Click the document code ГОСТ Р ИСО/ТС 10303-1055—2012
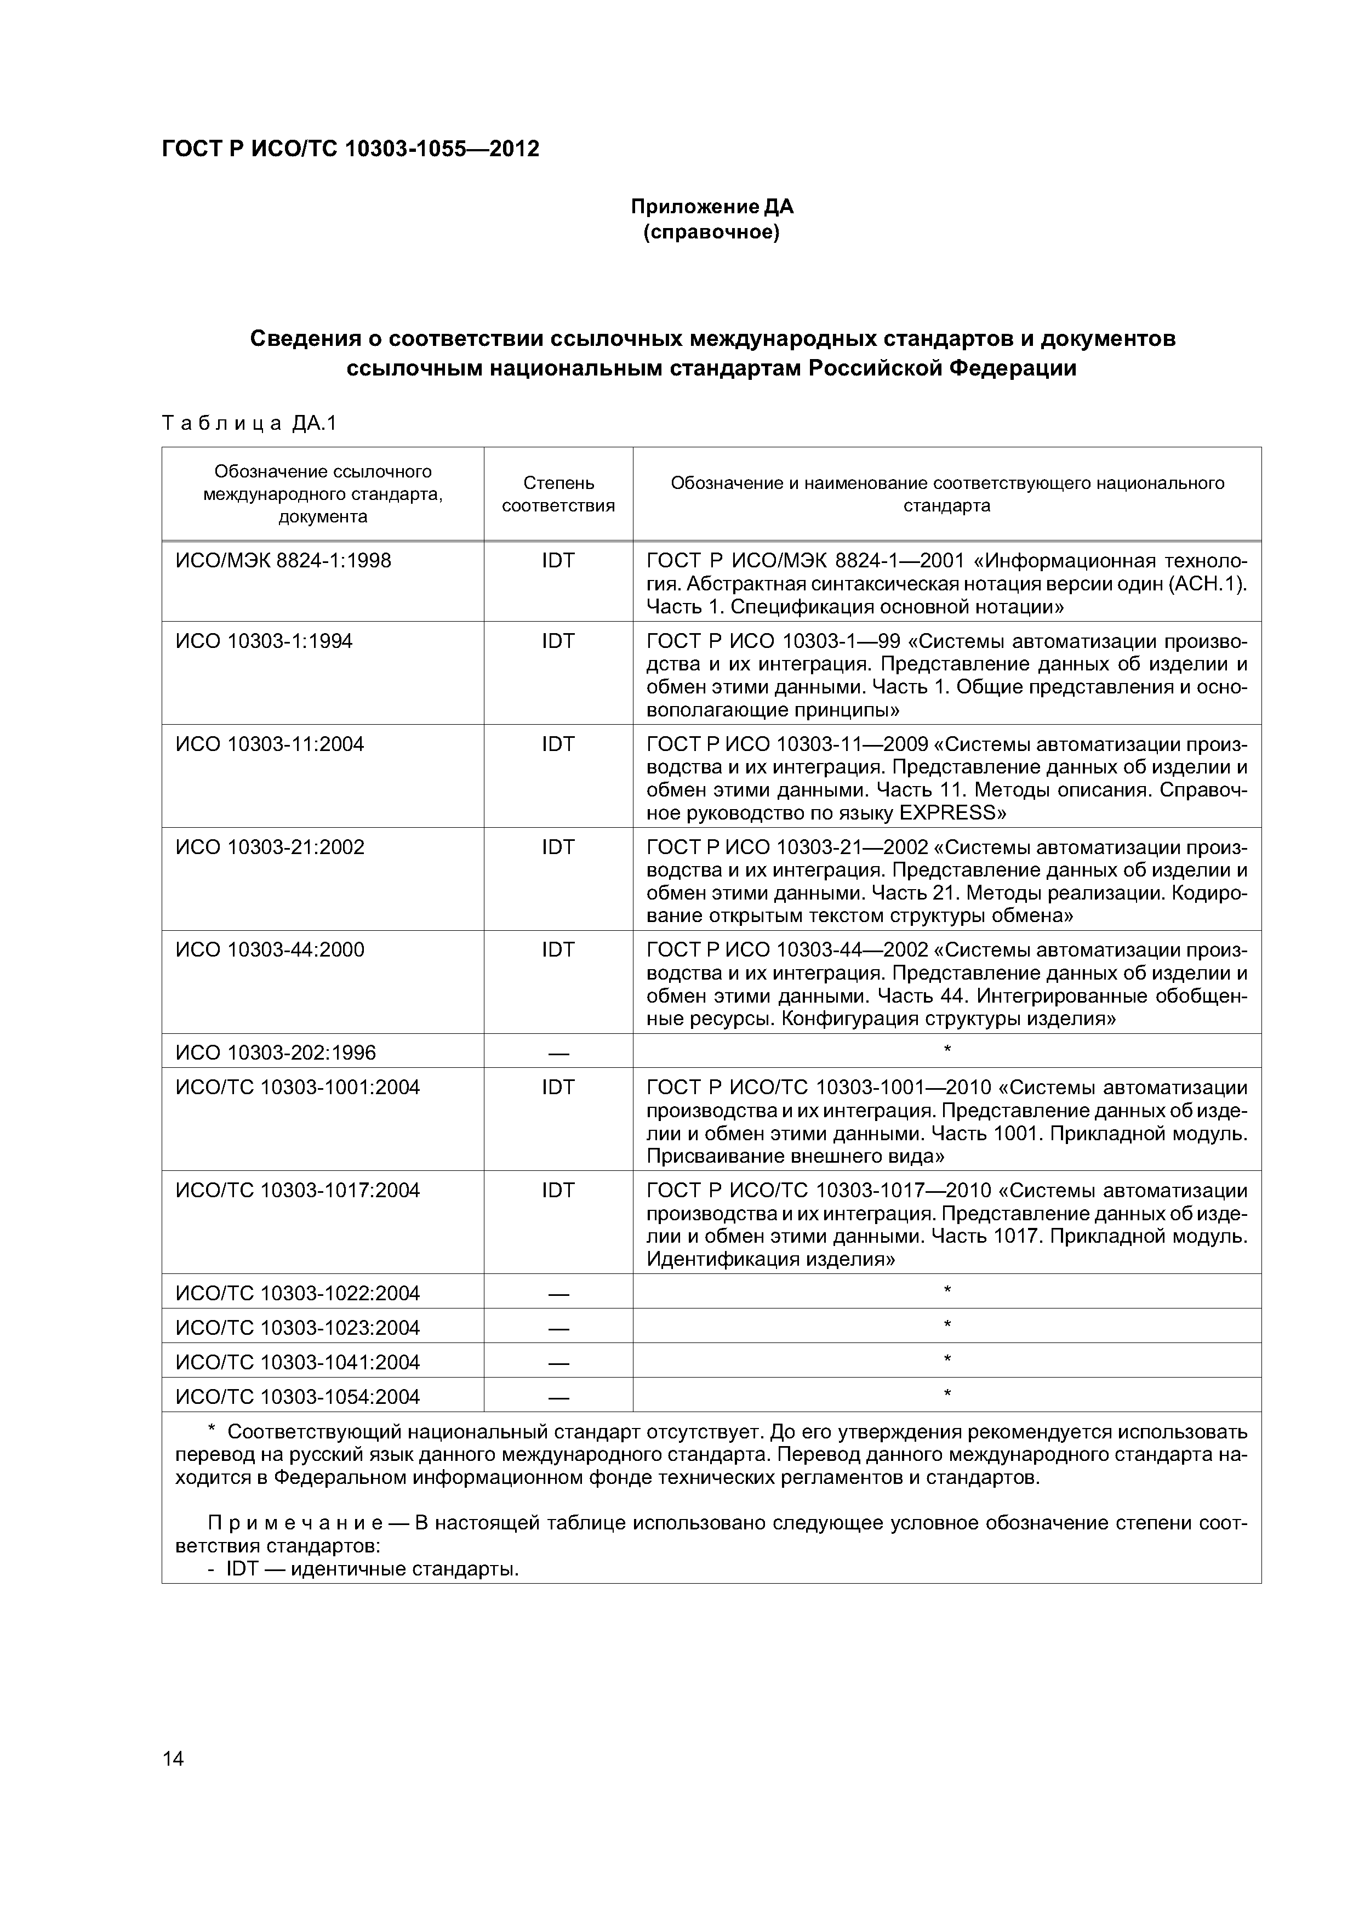(350, 149)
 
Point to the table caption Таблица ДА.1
(249, 424)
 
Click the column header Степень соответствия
(558, 494)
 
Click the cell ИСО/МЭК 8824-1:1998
(283, 560)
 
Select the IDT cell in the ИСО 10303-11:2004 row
(558, 744)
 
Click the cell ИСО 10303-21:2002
(270, 847)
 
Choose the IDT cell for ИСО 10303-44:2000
(558, 950)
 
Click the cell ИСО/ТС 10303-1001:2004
(297, 1087)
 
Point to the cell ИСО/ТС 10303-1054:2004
(297, 1397)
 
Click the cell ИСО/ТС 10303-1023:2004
(297, 1328)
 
